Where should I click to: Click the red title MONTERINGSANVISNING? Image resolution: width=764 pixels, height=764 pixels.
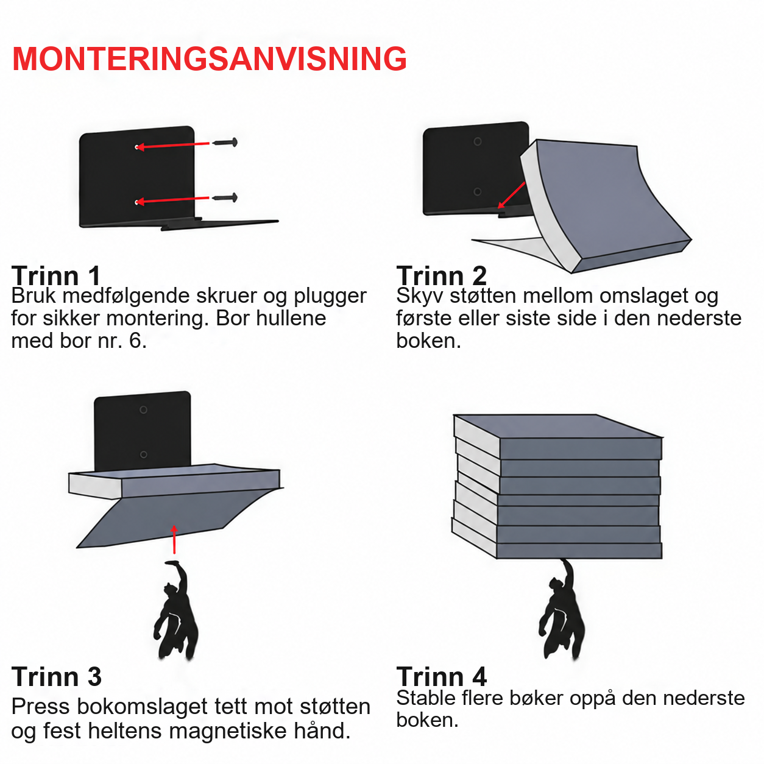210,59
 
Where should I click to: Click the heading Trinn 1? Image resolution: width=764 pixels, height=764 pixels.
56,275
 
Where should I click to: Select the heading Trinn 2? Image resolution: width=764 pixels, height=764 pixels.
441,275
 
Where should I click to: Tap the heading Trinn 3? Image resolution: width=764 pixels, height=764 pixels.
57,676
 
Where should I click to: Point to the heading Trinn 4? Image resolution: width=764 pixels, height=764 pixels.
441,676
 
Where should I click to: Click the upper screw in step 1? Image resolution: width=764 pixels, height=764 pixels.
225,142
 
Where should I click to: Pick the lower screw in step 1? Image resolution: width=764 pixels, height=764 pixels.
225,197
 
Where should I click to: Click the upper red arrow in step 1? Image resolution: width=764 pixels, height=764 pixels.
172,145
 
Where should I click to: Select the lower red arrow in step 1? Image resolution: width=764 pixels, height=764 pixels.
172,200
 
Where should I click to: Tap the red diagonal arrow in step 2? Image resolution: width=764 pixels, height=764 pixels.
511,195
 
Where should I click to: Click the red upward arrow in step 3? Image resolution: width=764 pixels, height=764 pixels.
174,539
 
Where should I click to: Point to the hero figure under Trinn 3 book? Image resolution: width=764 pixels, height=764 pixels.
177,610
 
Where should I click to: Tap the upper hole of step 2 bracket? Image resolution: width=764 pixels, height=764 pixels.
478,141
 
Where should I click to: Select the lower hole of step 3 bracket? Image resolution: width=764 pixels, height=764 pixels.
144,455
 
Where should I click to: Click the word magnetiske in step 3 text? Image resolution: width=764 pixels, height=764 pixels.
228,730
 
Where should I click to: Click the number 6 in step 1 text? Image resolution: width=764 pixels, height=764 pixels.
135,341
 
